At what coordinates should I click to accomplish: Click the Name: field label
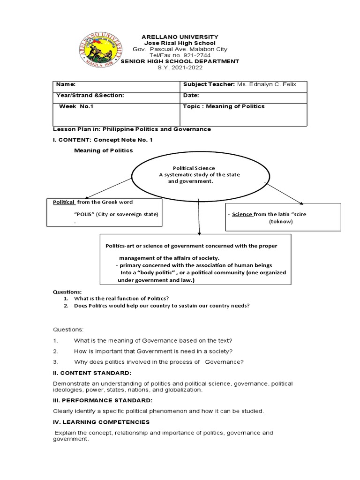click(x=66, y=84)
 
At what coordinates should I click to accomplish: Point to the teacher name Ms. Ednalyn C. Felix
click(x=272, y=84)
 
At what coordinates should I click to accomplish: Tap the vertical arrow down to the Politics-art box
click(x=199, y=216)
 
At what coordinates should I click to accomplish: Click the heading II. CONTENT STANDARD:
click(x=92, y=373)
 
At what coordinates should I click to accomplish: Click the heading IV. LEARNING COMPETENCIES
click(x=101, y=422)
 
